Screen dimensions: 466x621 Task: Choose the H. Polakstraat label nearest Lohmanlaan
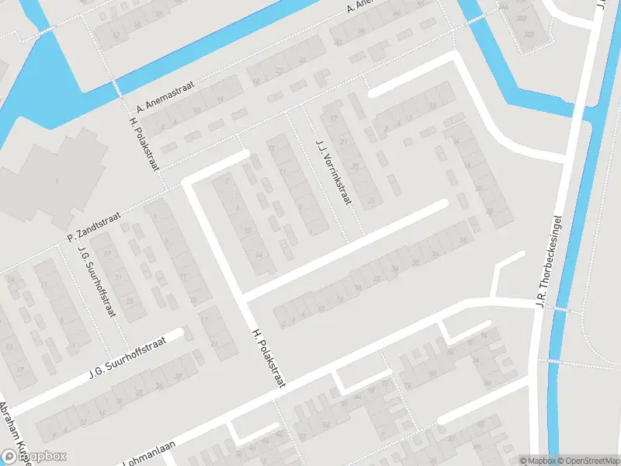269,358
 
